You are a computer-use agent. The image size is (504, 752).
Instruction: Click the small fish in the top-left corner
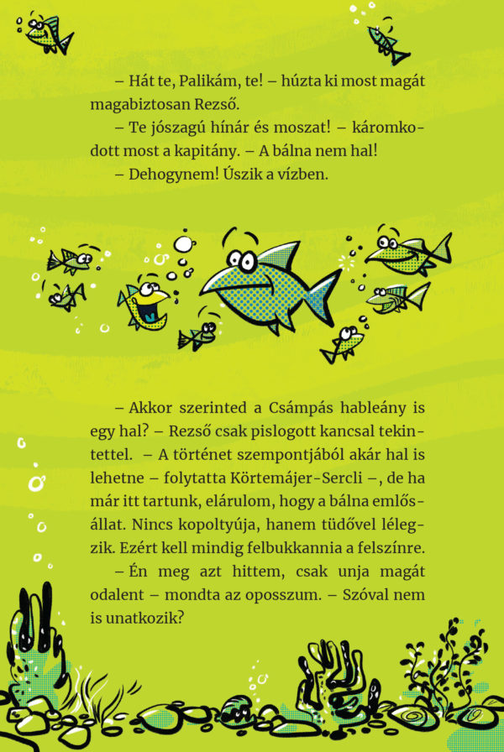click(46, 32)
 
